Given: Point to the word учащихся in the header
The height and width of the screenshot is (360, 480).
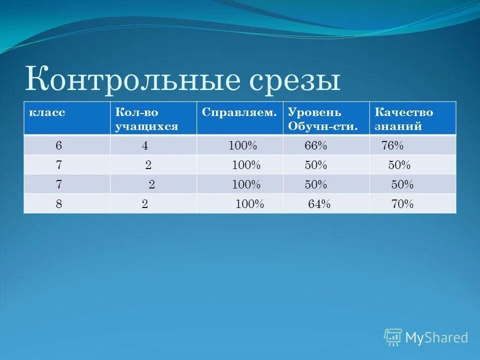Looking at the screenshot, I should pyautogui.click(x=146, y=126).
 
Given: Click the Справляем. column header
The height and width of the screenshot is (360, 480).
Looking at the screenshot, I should pyautogui.click(x=239, y=112).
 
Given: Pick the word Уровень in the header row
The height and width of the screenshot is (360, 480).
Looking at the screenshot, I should pyautogui.click(x=314, y=112).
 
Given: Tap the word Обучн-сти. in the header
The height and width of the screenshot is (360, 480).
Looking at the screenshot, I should pyautogui.click(x=323, y=126).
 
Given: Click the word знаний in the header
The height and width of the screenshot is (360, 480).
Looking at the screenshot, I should pyautogui.click(x=398, y=126).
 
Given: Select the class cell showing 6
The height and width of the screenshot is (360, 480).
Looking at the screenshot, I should pyautogui.click(x=59, y=145).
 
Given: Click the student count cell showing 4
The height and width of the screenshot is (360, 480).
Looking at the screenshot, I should pyautogui.click(x=145, y=145).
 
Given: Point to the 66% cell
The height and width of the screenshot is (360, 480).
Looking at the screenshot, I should pyautogui.click(x=316, y=145).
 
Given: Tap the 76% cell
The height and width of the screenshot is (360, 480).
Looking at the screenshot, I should pyautogui.click(x=392, y=145).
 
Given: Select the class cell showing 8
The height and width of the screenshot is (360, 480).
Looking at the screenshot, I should pyautogui.click(x=59, y=204).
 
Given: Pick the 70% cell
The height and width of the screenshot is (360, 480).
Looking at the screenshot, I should pyautogui.click(x=402, y=204).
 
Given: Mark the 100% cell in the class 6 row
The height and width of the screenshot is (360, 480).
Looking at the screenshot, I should pyautogui.click(x=243, y=145).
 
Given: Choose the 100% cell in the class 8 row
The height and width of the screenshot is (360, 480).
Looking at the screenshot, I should pyautogui.click(x=249, y=204).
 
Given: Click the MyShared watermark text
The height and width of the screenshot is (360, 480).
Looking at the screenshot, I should pyautogui.click(x=436, y=337).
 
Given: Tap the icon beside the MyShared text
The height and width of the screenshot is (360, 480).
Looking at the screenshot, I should pyautogui.click(x=393, y=337).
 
